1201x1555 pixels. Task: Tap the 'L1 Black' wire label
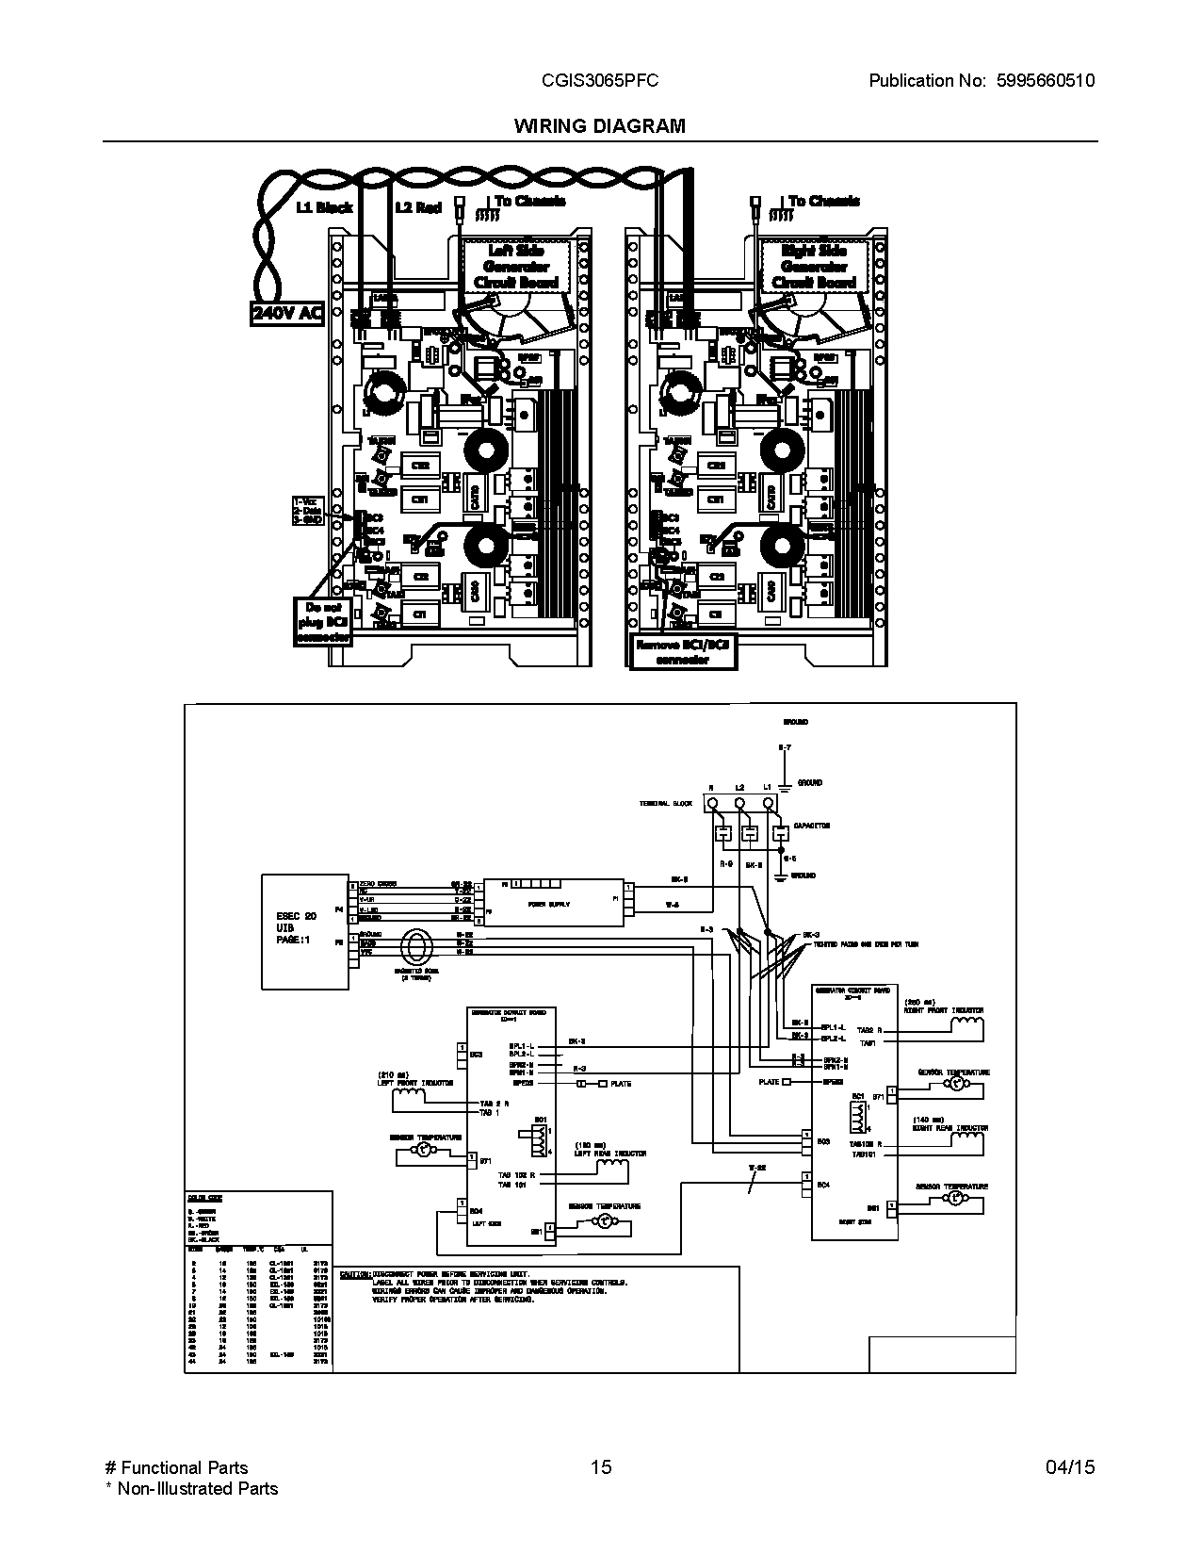(324, 207)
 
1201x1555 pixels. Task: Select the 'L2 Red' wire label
(417, 207)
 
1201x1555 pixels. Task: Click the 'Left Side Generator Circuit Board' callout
(516, 266)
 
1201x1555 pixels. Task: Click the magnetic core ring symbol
(414, 945)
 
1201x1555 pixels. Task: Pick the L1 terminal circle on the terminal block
(769, 804)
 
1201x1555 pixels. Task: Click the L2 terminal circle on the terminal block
(740, 804)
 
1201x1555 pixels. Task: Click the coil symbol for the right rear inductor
(967, 1139)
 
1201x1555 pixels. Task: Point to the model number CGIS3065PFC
(599, 81)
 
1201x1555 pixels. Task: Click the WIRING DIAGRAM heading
(599, 125)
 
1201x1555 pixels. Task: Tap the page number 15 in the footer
(600, 1466)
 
